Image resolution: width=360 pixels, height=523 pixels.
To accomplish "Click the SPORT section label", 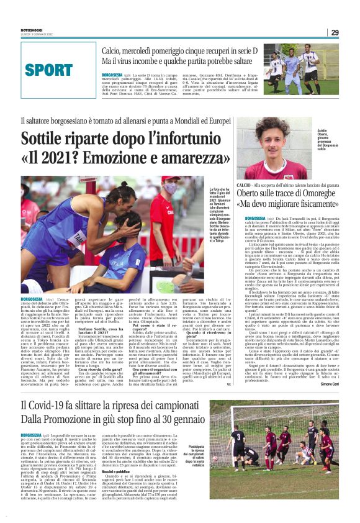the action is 58,70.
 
